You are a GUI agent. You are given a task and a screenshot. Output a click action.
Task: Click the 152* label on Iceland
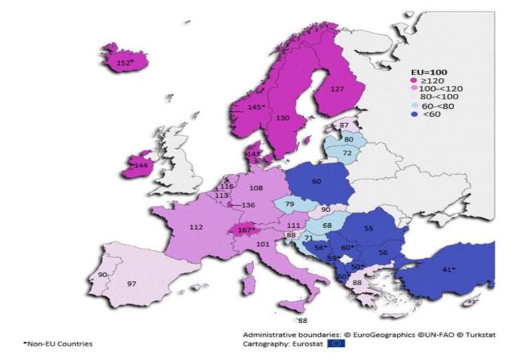tap(124, 63)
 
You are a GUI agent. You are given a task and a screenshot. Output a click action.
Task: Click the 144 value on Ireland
tap(142, 165)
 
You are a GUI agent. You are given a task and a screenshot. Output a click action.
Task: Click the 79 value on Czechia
tap(290, 204)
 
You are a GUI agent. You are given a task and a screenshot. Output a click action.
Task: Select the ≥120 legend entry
tap(423, 79)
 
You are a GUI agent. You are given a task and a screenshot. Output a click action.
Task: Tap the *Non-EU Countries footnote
tap(57, 343)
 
